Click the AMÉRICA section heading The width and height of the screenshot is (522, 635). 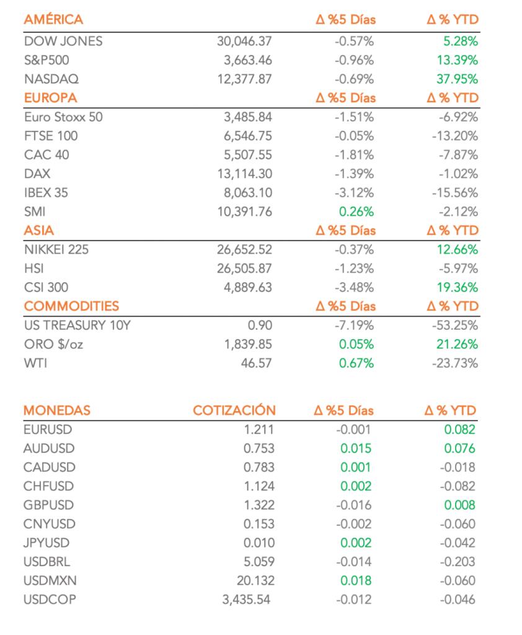pos(53,20)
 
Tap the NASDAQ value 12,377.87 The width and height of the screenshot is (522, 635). pos(245,79)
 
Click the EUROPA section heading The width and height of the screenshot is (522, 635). pos(50,98)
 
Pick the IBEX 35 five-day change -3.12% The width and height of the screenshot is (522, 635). pos(354,193)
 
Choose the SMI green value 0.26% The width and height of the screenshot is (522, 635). pos(356,211)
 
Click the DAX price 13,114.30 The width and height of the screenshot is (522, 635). pos(245,174)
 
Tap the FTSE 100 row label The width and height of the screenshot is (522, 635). pos(51,136)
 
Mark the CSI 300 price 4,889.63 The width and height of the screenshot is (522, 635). pos(247,288)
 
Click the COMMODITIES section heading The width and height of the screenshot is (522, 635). pos(71,306)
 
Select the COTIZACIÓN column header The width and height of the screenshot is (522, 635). pos(234,411)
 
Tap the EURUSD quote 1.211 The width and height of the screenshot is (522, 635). pos(259,430)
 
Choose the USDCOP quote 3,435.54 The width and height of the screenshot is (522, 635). pos(246,600)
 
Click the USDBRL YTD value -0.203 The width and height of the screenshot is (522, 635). pos(457,562)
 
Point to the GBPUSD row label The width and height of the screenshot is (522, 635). pos(46,505)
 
